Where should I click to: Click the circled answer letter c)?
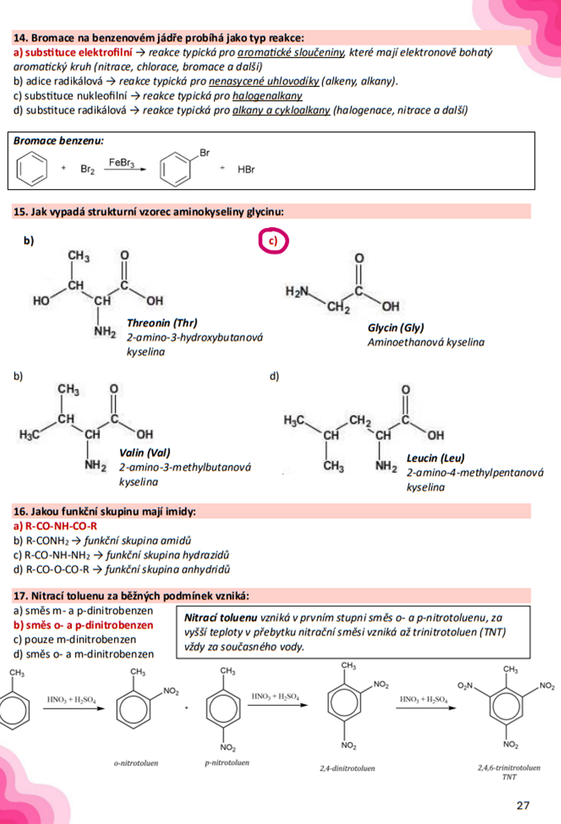[274, 241]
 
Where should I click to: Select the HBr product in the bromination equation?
[246, 170]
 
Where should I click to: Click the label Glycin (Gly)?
[395, 327]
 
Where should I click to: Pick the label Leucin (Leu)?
[435, 457]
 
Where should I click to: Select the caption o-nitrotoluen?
[136, 764]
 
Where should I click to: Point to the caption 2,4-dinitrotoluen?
[347, 768]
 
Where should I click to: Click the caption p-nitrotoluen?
[226, 762]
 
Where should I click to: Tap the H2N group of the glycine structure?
[297, 292]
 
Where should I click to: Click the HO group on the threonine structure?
[41, 301]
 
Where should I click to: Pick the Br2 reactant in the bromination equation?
[88, 170]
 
